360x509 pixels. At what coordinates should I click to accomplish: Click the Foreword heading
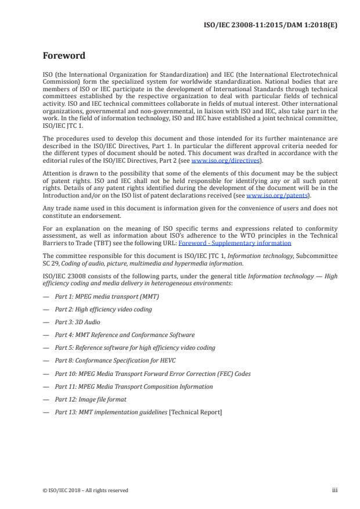point(64,56)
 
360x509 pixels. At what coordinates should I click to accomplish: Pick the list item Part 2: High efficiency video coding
point(103,309)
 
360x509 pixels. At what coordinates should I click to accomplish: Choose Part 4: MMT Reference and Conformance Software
point(124,335)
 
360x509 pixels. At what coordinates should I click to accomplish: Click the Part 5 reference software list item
point(135,347)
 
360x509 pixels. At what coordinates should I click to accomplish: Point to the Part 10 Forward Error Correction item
point(152,374)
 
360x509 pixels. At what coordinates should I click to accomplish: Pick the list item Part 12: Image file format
point(90,399)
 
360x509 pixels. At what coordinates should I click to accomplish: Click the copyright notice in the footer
point(85,490)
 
